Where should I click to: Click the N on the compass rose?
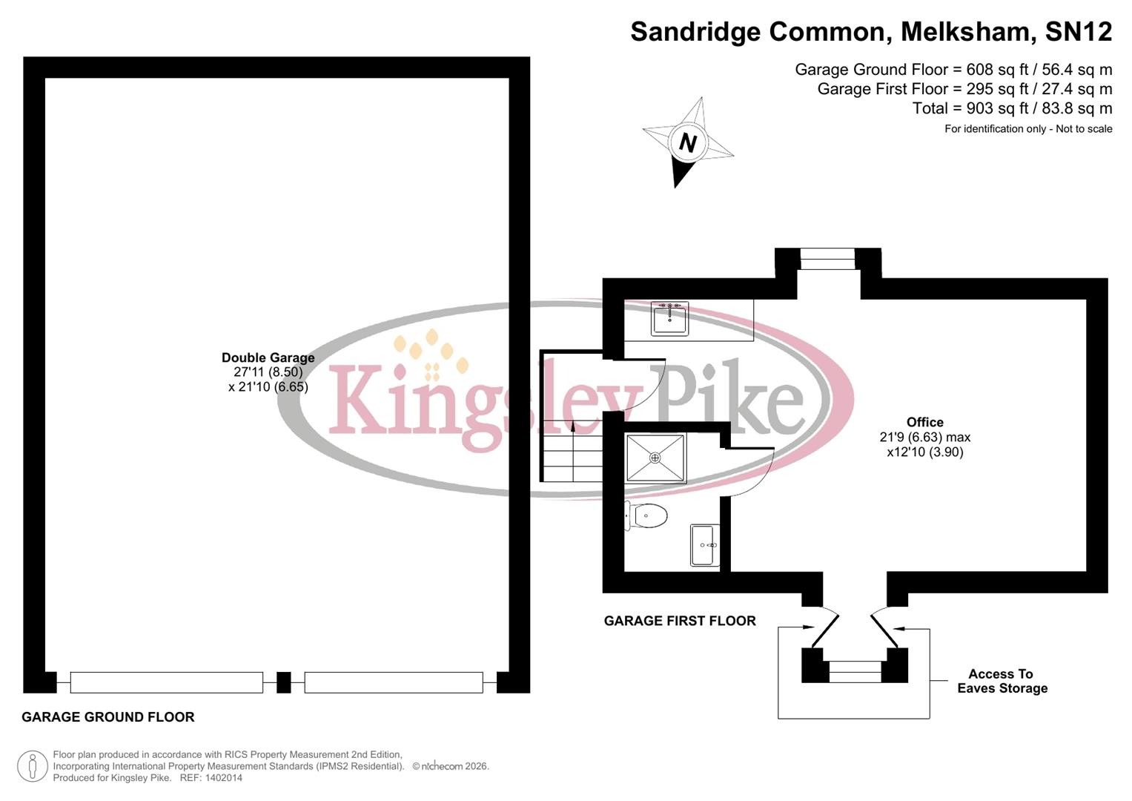point(687,142)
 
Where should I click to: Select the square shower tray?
point(655,458)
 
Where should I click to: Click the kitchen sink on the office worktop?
point(669,318)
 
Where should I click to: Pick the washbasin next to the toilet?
point(705,545)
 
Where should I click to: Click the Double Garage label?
point(268,357)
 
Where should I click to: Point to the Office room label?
point(924,422)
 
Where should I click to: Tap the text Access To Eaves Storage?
point(1002,681)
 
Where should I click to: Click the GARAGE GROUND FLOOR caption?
point(108,717)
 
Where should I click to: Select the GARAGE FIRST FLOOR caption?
point(680,621)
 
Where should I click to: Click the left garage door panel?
point(166,682)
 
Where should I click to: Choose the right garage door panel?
point(394,682)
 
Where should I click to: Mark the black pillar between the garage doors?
point(283,682)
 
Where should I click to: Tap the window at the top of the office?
point(828,259)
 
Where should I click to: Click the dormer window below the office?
point(855,671)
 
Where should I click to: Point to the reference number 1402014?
point(224,778)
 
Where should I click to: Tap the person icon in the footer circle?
point(32,766)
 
